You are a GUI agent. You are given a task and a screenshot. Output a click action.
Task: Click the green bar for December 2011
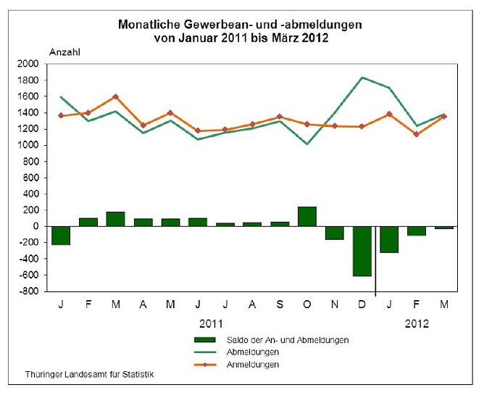(362, 251)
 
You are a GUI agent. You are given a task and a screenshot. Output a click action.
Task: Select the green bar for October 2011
(306, 216)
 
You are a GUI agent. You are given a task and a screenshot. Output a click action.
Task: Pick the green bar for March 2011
(115, 219)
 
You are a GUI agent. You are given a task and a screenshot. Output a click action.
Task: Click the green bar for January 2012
(389, 239)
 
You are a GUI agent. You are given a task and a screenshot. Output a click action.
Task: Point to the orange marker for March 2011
(115, 96)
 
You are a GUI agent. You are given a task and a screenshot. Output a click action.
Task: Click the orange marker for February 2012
(416, 134)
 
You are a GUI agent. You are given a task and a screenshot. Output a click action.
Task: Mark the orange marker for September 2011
(280, 117)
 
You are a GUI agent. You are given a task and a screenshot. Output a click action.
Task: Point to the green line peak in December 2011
(362, 78)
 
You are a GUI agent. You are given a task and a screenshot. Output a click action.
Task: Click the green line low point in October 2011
(307, 144)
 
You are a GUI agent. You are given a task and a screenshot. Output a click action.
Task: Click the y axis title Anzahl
(65, 51)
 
